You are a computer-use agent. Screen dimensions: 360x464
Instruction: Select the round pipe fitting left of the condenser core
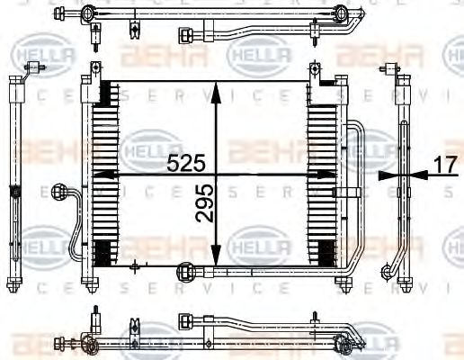[x=61, y=192]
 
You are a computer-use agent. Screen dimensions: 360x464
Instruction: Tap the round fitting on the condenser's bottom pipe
[x=187, y=268]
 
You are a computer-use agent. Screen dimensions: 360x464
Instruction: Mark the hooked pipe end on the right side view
[x=388, y=272]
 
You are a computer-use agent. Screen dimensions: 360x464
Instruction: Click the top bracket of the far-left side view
[x=37, y=69]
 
